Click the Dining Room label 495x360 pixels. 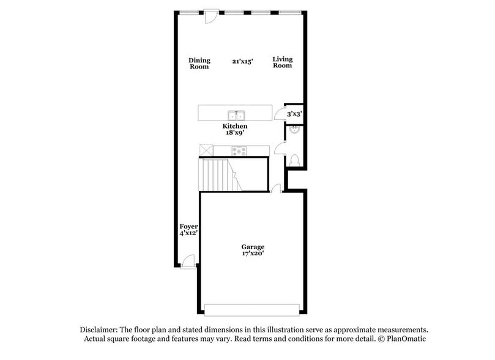pyautogui.click(x=199, y=63)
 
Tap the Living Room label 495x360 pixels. pyautogui.click(x=283, y=62)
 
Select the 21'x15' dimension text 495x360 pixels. pyautogui.click(x=242, y=61)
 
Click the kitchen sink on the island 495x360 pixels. pyautogui.click(x=236, y=115)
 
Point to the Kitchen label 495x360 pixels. pyautogui.click(x=234, y=126)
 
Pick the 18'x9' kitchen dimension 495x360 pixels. pyautogui.click(x=234, y=133)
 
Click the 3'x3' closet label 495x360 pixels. pyautogui.click(x=294, y=113)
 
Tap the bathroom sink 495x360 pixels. pyautogui.click(x=294, y=130)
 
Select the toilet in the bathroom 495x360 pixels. pyautogui.click(x=295, y=159)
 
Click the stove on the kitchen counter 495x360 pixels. pyautogui.click(x=239, y=151)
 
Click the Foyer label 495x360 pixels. pyautogui.click(x=188, y=227)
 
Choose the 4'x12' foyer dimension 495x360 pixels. pyautogui.click(x=188, y=233)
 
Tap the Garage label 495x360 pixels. pyautogui.click(x=252, y=247)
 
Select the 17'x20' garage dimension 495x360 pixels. pyautogui.click(x=252, y=253)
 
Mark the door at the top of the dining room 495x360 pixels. pyautogui.click(x=211, y=15)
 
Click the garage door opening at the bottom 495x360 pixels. pyautogui.click(x=252, y=309)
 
